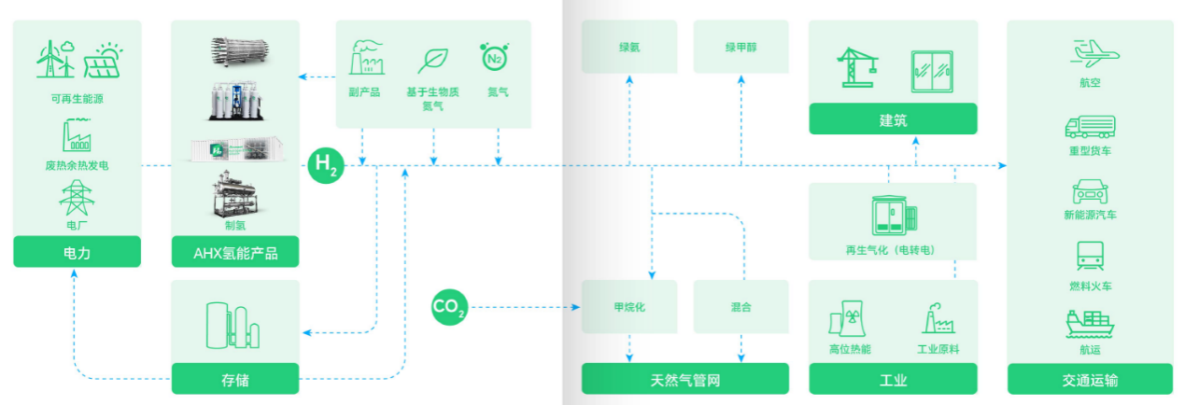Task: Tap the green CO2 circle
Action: point(448,306)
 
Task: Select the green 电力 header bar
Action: point(77,252)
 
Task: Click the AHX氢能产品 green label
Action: point(235,252)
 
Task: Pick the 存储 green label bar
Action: point(235,379)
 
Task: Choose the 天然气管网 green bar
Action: point(685,379)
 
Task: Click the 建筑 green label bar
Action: point(893,119)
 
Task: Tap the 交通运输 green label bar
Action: point(1091,379)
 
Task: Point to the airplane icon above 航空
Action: point(1091,52)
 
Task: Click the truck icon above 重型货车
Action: point(1091,126)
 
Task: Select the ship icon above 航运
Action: point(1091,324)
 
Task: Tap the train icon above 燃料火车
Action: point(1091,255)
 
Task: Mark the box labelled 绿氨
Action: point(629,47)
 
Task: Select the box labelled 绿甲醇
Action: point(742,47)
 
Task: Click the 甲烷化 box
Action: point(629,306)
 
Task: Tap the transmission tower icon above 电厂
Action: point(75,197)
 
